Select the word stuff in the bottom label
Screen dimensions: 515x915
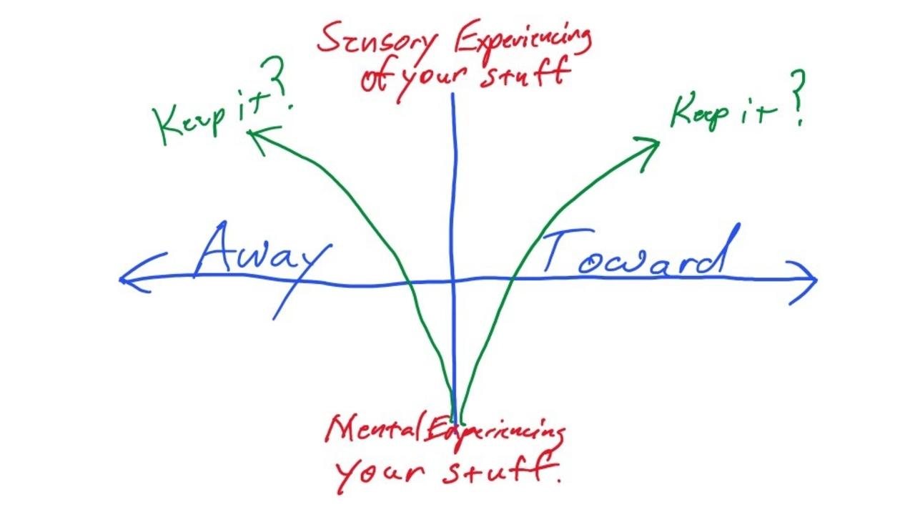click(x=500, y=471)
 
